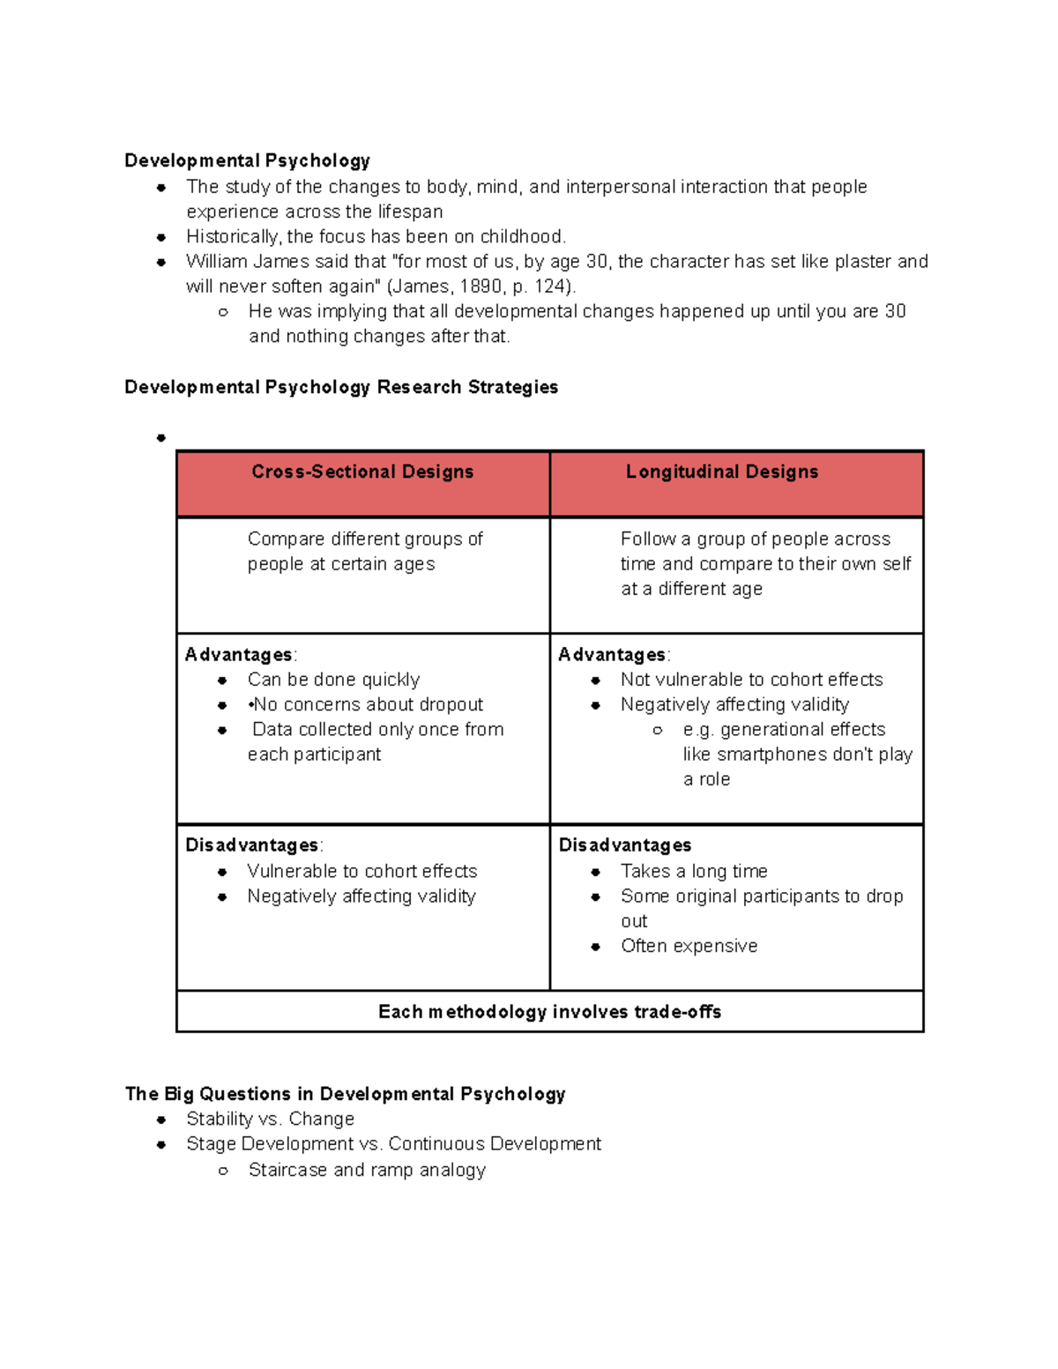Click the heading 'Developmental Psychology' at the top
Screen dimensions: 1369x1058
[247, 160]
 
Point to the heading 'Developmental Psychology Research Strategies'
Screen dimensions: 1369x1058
[341, 387]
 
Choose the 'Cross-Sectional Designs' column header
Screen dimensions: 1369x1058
[362, 472]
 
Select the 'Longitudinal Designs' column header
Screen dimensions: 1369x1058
[722, 472]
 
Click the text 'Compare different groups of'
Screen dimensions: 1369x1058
[365, 539]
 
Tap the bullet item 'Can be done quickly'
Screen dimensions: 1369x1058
[333, 680]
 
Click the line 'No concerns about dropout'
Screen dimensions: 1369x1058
[368, 704]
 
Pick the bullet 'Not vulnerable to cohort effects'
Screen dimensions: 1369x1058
[751, 680]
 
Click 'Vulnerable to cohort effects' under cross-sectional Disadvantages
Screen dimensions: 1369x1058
[361, 871]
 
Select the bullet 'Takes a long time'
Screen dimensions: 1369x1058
[694, 871]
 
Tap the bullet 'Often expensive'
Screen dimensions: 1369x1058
[689, 946]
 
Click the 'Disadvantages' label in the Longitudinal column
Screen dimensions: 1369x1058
[625, 845]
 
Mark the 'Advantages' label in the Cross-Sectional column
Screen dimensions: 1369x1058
[238, 655]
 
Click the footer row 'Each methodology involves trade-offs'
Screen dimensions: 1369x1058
[549, 1012]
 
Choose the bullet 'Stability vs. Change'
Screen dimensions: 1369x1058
[270, 1119]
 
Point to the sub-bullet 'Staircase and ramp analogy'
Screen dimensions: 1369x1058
[367, 1170]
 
